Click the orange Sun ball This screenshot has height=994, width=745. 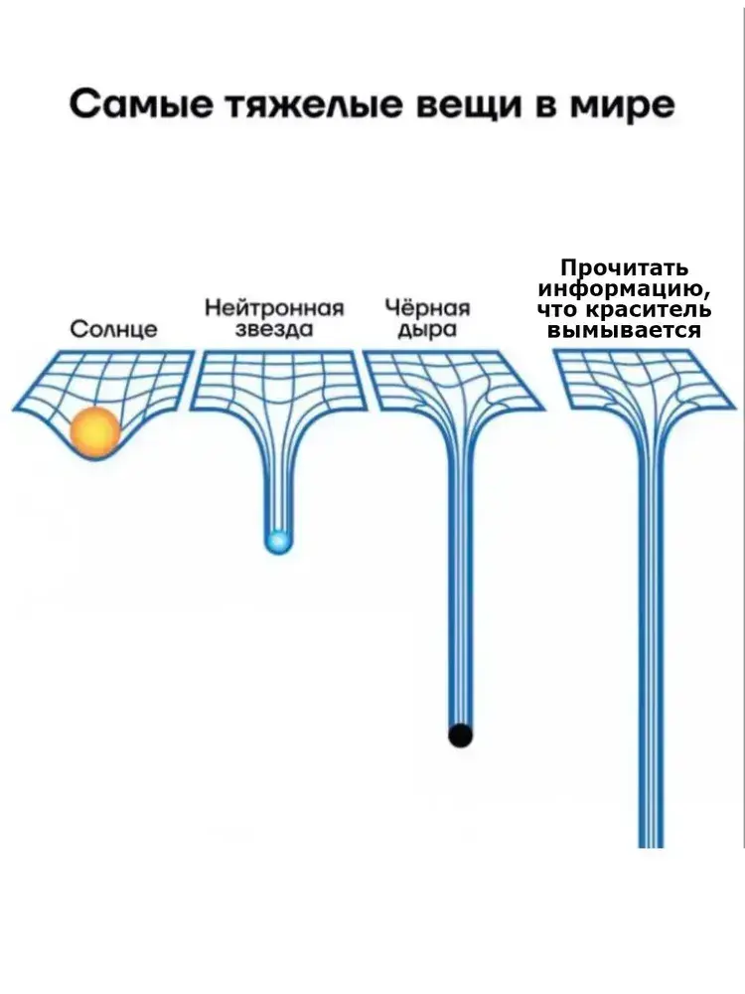95,432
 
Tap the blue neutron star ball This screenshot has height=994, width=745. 278,542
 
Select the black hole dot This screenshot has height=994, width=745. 460,736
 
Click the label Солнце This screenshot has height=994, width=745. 113,329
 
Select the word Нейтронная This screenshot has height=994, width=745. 274,307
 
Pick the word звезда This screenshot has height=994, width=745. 274,329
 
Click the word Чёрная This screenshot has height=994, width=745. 426,307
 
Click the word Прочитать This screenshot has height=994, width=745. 624,268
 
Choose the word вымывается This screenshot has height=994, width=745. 624,331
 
